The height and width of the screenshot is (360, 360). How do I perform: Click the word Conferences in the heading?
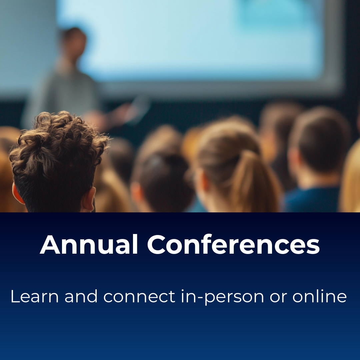(x=233, y=245)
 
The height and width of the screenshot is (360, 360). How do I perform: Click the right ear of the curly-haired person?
(x=89, y=198)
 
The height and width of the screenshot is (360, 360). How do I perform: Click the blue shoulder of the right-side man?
(x=310, y=200)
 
